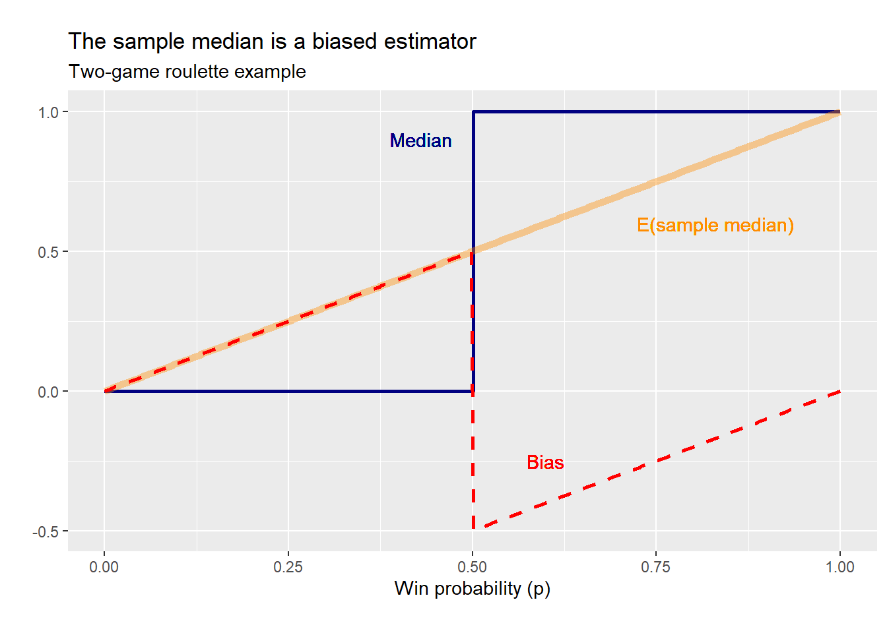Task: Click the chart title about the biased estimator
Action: tap(272, 42)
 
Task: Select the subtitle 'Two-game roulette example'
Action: tap(187, 72)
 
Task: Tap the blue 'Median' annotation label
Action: tap(420, 141)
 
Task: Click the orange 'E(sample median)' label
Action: tap(715, 226)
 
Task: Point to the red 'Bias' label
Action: tap(545, 463)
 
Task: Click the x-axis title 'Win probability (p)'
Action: tap(472, 588)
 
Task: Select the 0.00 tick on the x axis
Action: tap(104, 567)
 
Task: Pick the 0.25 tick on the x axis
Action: tap(288, 567)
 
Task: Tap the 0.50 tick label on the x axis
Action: tap(472, 567)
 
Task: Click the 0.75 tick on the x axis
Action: tap(655, 567)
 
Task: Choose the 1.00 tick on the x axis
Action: tap(839, 567)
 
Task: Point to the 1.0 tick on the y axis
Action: tap(49, 112)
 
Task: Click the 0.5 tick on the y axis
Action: tap(49, 252)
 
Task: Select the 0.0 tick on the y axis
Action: tap(49, 392)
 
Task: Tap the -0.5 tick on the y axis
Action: tap(46, 531)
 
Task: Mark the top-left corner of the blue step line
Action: tap(473, 112)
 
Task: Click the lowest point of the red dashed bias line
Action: tap(473, 528)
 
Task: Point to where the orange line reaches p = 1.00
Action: tap(839, 113)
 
